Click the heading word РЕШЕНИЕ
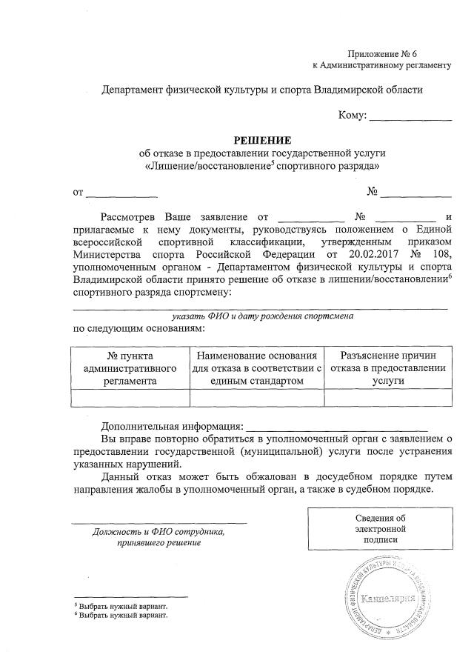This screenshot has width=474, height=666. [263, 139]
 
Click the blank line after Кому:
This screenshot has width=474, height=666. [410, 117]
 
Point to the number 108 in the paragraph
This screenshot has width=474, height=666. [439, 254]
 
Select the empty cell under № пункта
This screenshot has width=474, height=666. [130, 398]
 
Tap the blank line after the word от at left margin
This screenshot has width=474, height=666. [122, 193]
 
